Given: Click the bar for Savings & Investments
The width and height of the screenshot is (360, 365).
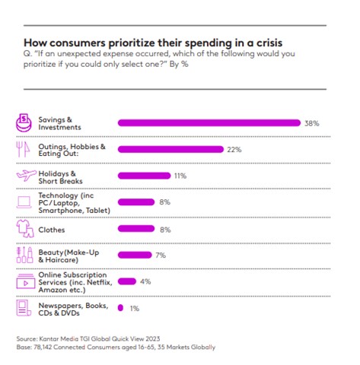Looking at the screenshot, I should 209,122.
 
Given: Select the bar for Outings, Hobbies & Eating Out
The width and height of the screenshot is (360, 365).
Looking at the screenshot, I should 170,149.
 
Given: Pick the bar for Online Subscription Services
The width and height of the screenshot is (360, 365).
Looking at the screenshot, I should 127,281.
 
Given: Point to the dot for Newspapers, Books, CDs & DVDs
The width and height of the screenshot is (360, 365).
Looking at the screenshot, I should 120,308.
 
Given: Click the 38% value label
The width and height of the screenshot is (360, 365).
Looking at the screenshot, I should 313,122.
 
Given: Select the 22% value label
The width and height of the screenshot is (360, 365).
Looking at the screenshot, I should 234,149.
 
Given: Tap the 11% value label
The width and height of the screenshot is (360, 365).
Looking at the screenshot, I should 181,175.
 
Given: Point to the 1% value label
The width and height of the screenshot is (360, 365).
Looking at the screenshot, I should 134,308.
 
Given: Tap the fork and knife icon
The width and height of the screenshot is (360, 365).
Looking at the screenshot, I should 25,149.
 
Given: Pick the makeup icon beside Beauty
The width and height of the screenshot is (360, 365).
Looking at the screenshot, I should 25,255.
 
